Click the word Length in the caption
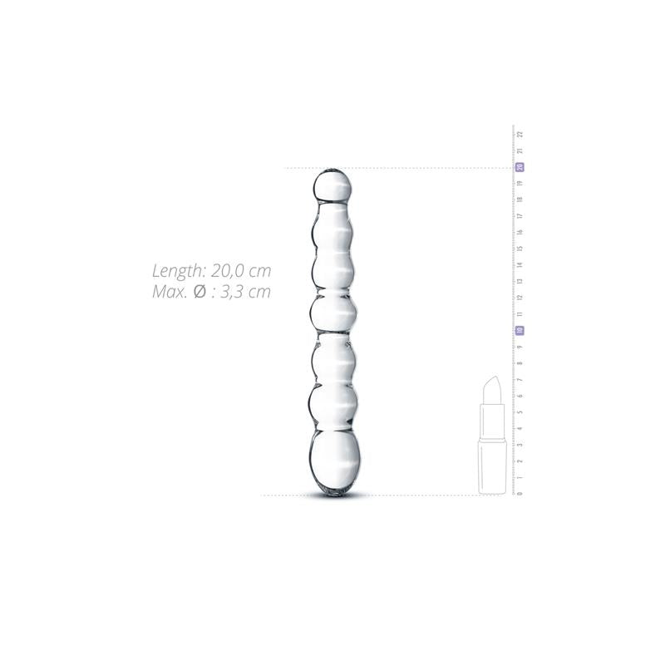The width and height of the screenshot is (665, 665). coord(175,271)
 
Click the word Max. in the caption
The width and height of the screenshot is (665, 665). coord(169,292)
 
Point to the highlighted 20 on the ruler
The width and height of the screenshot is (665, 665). coord(520,167)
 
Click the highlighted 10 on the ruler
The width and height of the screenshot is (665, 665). coord(520,330)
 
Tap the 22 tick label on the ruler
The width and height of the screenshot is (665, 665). coord(520,134)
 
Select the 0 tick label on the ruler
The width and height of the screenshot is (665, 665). coord(520,494)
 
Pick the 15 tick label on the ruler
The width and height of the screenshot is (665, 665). coord(520,249)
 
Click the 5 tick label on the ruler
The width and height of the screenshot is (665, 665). coord(520,412)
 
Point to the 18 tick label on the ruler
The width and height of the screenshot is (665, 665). coord(520,199)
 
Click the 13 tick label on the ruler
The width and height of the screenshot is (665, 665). coord(520,281)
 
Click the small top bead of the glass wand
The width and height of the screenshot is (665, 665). coord(333,185)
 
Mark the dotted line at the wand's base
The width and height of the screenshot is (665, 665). coord(399,495)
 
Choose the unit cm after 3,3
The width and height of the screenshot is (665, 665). coord(259,292)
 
